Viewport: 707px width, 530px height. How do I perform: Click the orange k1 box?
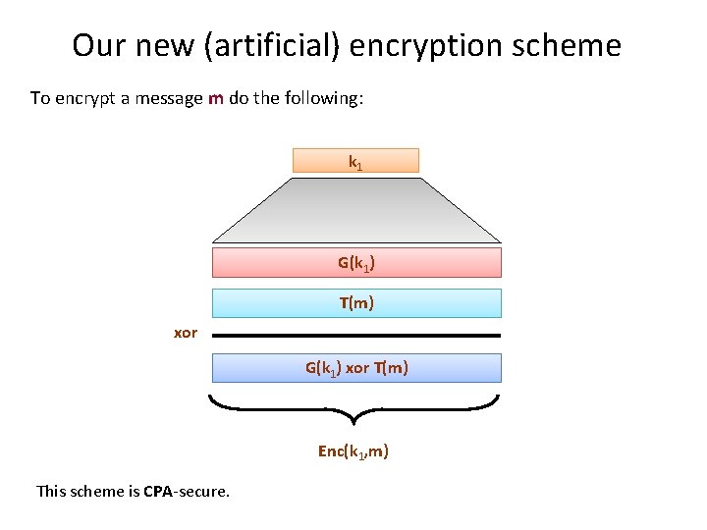click(355, 161)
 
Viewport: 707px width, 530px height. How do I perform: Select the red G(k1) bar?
click(356, 263)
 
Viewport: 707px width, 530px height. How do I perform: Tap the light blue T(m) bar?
click(356, 303)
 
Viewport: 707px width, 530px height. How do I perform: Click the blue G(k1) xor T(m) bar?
click(356, 368)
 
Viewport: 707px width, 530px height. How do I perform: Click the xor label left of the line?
click(186, 333)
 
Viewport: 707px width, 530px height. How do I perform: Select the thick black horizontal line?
click(356, 336)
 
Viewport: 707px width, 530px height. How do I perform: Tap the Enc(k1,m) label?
click(353, 451)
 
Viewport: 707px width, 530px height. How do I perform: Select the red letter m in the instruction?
click(216, 98)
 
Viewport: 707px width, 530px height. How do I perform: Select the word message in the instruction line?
click(171, 98)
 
